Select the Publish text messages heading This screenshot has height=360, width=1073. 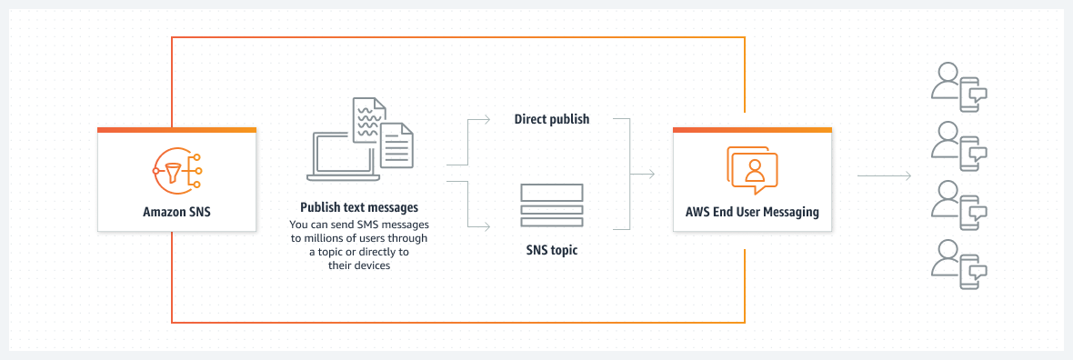point(359,208)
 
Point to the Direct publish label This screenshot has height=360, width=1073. point(552,119)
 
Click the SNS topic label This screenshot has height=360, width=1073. point(552,249)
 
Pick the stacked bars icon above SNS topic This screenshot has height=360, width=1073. point(552,206)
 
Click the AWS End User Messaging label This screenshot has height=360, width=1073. point(752,212)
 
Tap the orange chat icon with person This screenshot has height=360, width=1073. point(753,170)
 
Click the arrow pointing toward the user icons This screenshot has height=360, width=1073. point(884,175)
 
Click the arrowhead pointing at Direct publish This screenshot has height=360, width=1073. point(489,119)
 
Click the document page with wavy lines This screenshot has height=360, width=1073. point(367,122)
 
